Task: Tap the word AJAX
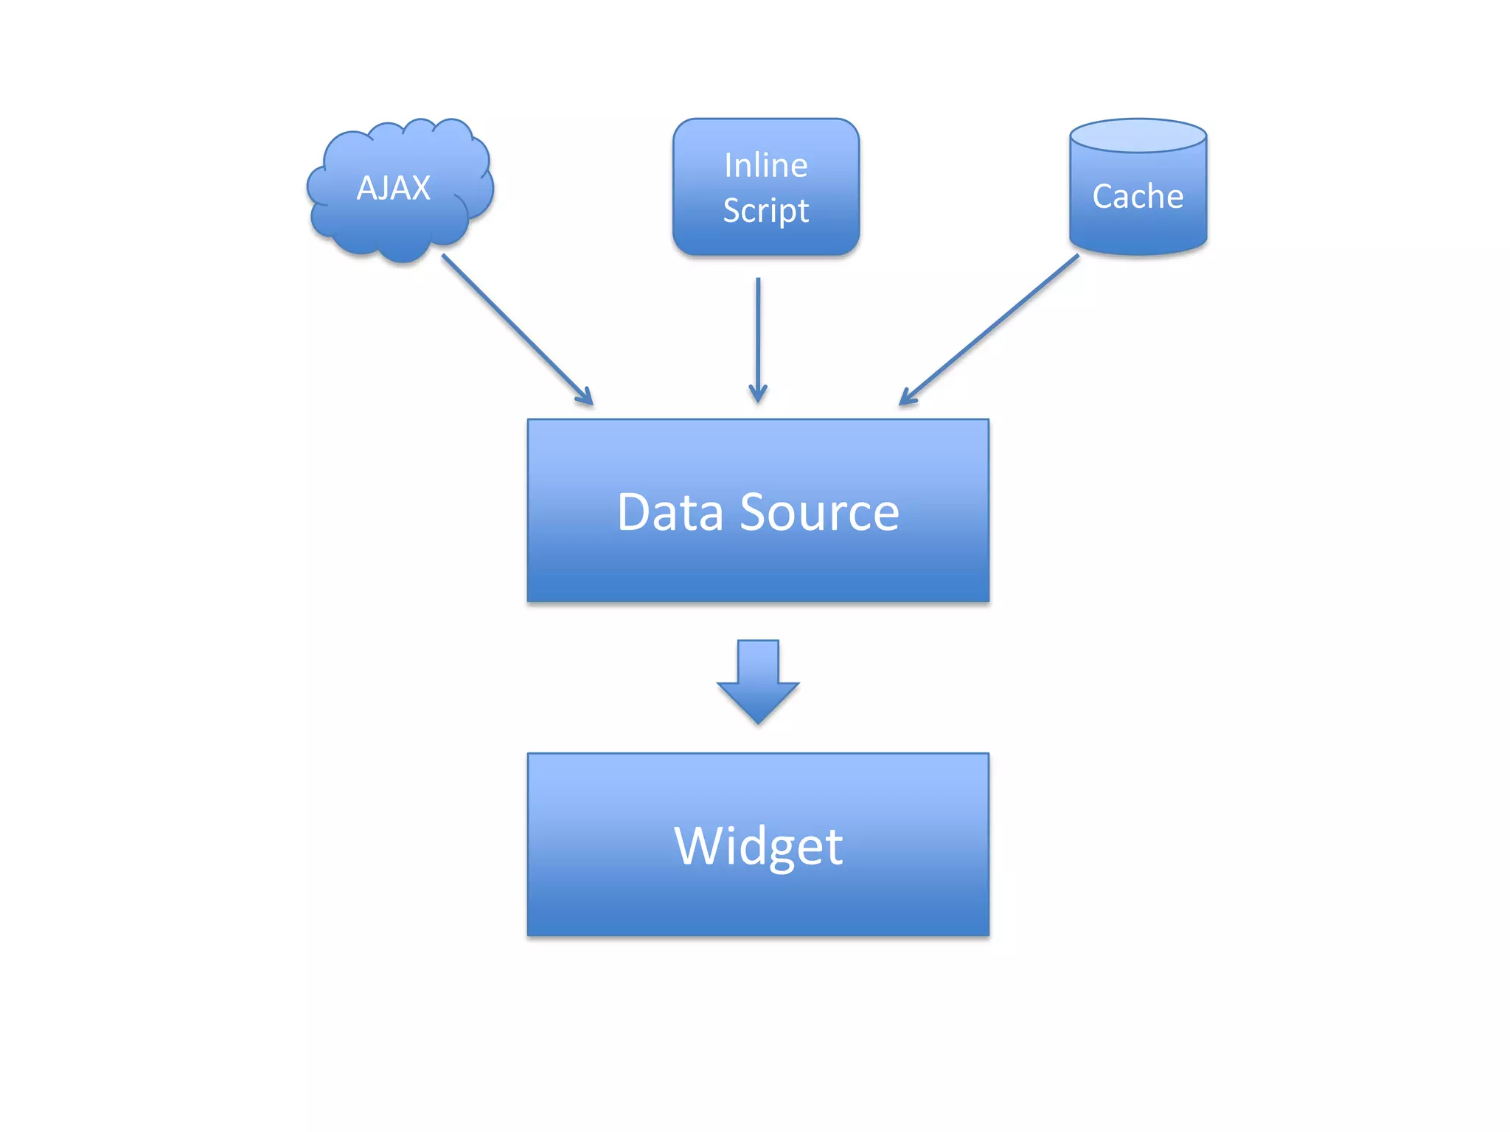(393, 188)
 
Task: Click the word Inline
(765, 166)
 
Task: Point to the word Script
(765, 212)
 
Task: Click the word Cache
(1138, 197)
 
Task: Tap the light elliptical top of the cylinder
(1138, 136)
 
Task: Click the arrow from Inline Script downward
(758, 332)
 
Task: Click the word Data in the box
(669, 512)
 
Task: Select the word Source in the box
(819, 512)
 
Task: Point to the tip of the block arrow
(758, 720)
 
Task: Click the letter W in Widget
(701, 846)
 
